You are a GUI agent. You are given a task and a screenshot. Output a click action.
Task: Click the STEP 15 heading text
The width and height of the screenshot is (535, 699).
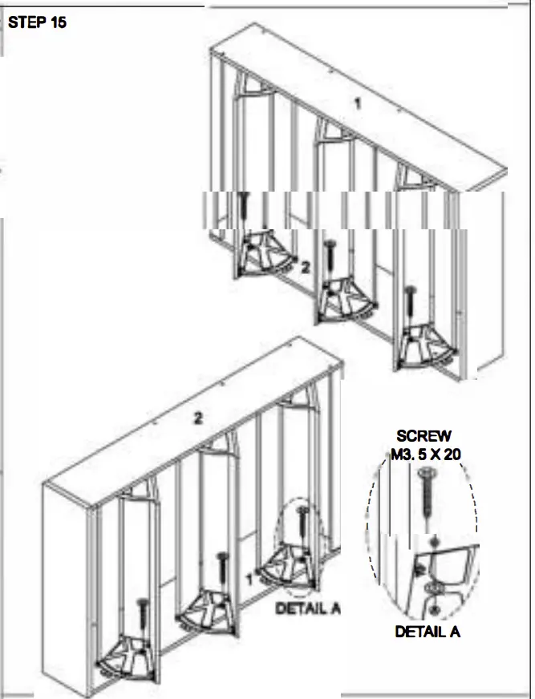(x=37, y=22)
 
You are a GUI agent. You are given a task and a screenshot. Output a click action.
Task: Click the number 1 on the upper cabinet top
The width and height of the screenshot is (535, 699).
(x=359, y=103)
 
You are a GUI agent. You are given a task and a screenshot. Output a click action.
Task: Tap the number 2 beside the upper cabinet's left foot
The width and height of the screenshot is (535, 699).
(x=305, y=268)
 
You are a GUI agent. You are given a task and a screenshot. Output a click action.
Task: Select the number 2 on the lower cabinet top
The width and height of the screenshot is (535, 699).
(x=197, y=418)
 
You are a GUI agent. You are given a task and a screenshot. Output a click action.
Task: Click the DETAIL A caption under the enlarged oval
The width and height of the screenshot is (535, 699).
(x=427, y=632)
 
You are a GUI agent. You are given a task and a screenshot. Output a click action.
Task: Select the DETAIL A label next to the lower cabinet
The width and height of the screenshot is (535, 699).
(x=308, y=608)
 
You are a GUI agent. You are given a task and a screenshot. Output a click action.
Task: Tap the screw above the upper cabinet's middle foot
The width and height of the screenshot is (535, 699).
(x=329, y=256)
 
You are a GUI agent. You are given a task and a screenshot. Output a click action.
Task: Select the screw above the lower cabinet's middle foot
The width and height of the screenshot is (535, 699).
(x=222, y=569)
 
